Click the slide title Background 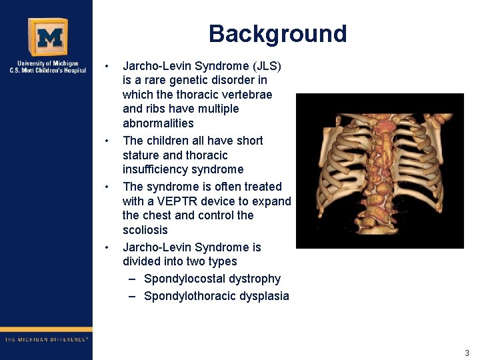click(277, 34)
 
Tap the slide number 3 click(467, 353)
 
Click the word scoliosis click(145, 230)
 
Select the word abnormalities click(158, 123)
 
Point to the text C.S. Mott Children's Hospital click(47, 70)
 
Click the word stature click(141, 155)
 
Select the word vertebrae click(247, 95)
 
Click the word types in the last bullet click(221, 261)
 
